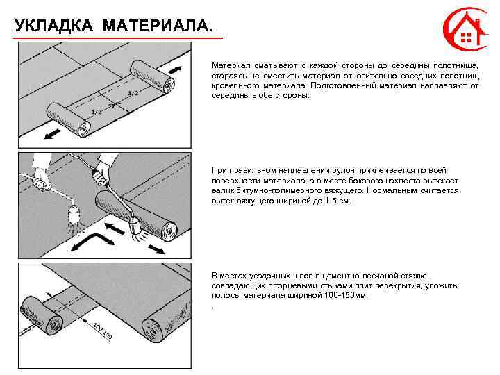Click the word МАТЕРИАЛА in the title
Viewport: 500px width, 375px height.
pos(155,26)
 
